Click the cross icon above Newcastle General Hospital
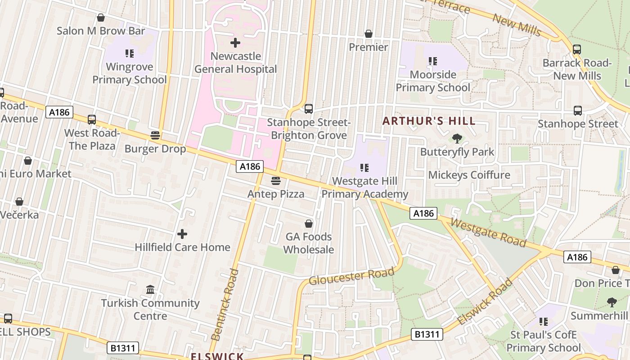pos(235,43)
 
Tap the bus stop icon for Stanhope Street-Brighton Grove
pos(308,109)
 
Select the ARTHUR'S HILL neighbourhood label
pos(429,121)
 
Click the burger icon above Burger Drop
pos(155,135)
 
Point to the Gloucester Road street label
pos(351,275)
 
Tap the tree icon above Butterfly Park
pos(457,139)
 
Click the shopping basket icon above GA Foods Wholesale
pos(309,224)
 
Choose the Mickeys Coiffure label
pos(469,175)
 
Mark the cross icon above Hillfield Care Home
pos(182,234)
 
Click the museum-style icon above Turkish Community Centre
pos(150,289)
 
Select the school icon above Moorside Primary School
pos(433,61)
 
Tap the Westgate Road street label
pos(488,233)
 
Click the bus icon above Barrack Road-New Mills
pos(577,49)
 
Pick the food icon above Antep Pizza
pos(276,181)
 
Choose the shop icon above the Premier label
pos(369,34)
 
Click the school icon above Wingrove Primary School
pos(130,54)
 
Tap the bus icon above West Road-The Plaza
pos(92,120)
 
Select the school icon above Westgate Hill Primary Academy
pos(364,168)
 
